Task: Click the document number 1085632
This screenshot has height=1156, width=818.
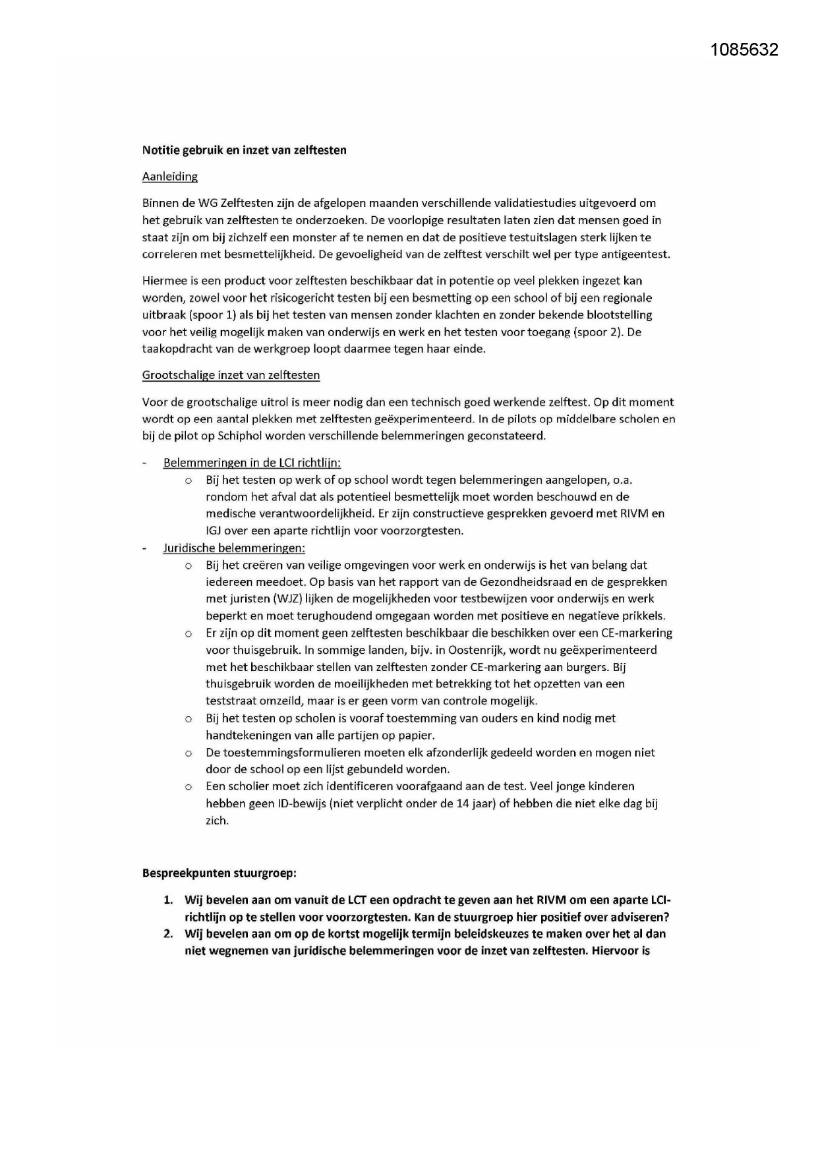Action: [744, 49]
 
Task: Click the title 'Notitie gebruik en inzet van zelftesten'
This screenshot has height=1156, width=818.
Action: [244, 150]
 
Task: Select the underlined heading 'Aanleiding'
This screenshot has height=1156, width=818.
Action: [169, 177]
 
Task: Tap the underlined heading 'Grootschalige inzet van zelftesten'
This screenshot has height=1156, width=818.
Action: [231, 376]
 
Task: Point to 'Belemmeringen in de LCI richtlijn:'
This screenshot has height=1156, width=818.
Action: [252, 463]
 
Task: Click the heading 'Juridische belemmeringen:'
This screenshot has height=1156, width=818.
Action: [234, 548]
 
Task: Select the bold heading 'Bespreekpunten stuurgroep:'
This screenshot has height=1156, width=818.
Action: [219, 873]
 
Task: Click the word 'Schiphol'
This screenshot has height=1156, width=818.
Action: [241, 436]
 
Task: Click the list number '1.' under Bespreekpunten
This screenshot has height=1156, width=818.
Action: [169, 900]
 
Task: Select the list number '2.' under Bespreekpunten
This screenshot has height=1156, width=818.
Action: [169, 934]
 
